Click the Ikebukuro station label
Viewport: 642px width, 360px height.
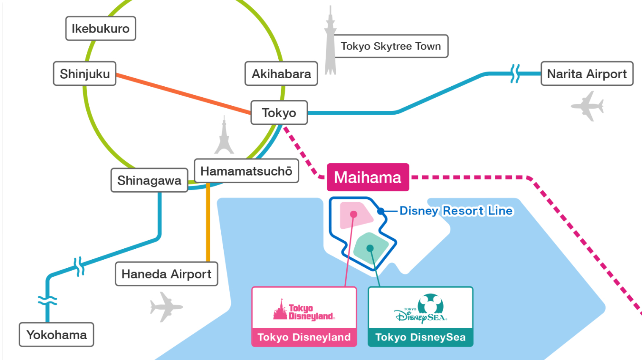coord(101,29)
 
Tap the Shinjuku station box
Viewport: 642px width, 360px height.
coord(85,74)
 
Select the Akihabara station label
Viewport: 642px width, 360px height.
coord(281,74)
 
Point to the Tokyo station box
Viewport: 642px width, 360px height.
coord(279,113)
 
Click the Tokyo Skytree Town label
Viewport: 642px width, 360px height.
coord(391,46)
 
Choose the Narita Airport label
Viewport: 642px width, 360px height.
coord(587,74)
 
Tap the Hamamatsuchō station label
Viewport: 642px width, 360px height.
coord(246,171)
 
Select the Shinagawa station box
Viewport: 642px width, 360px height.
coord(149,181)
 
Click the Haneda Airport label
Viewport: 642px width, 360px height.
coord(167,274)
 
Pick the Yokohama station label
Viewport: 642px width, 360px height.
coord(56,335)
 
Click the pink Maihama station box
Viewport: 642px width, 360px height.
coord(368,177)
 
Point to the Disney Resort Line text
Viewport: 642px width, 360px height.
coord(456,211)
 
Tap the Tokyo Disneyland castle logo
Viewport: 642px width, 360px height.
coord(304,310)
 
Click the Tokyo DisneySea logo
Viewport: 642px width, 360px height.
coord(420,309)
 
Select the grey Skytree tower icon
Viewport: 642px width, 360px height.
coord(330,42)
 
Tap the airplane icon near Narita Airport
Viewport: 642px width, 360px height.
coord(588,106)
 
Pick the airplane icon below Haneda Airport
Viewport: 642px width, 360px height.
coord(166,307)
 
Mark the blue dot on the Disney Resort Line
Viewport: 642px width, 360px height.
coord(381,211)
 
